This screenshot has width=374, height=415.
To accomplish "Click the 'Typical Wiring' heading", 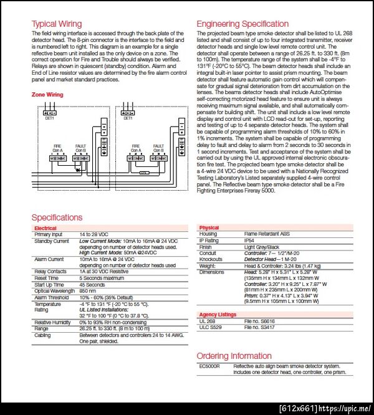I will (x=57, y=24).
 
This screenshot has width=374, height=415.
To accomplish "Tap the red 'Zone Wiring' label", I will (x=47, y=95).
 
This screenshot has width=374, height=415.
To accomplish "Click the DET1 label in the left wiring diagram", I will (x=49, y=117).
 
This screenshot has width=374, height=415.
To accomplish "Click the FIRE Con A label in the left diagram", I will (x=57, y=149).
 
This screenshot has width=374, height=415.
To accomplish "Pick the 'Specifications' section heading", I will (x=57, y=217).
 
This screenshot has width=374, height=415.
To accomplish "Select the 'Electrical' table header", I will (x=45, y=229).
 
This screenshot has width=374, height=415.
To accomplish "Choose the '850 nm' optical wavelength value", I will (x=88, y=291).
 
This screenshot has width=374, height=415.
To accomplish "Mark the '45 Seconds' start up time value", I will (x=92, y=285).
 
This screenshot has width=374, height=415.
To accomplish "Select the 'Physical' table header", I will (x=209, y=228).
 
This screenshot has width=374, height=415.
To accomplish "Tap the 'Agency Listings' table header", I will (x=218, y=315).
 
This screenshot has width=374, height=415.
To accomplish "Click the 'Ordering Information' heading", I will (x=234, y=356).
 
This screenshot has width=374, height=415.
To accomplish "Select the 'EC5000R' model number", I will (x=209, y=366).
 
